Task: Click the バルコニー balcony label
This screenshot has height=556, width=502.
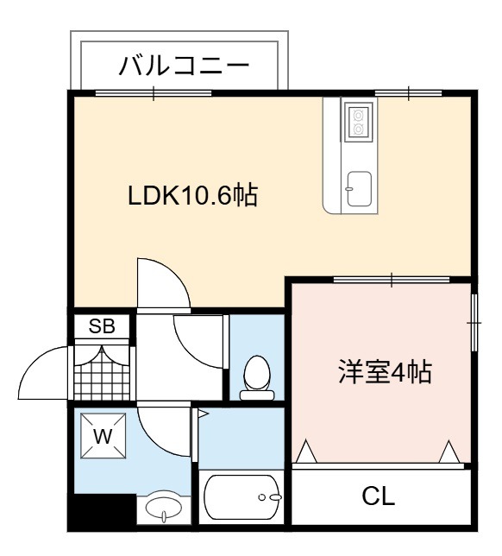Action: [184, 66]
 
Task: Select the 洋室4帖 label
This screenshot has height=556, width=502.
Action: [385, 371]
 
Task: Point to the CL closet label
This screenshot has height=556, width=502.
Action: [378, 496]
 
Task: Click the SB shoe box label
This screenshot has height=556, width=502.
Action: [102, 325]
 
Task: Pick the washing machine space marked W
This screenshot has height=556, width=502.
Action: [104, 436]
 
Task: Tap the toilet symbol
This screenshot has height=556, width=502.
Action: [257, 378]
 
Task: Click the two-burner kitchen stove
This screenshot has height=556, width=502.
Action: [359, 122]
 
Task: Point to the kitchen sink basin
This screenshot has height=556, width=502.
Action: [359, 189]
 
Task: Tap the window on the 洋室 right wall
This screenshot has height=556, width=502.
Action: [474, 323]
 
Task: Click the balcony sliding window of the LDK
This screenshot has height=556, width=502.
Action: [154, 93]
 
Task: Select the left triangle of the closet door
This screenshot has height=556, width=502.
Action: [306, 452]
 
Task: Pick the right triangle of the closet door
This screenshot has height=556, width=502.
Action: [449, 452]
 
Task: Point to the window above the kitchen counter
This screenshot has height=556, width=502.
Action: [409, 93]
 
